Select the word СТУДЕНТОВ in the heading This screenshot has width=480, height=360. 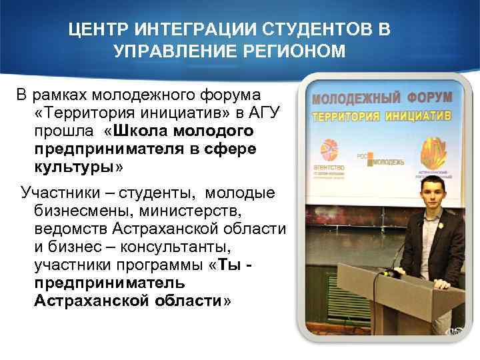[x=317, y=30]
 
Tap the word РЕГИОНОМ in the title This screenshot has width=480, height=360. [x=289, y=52]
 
